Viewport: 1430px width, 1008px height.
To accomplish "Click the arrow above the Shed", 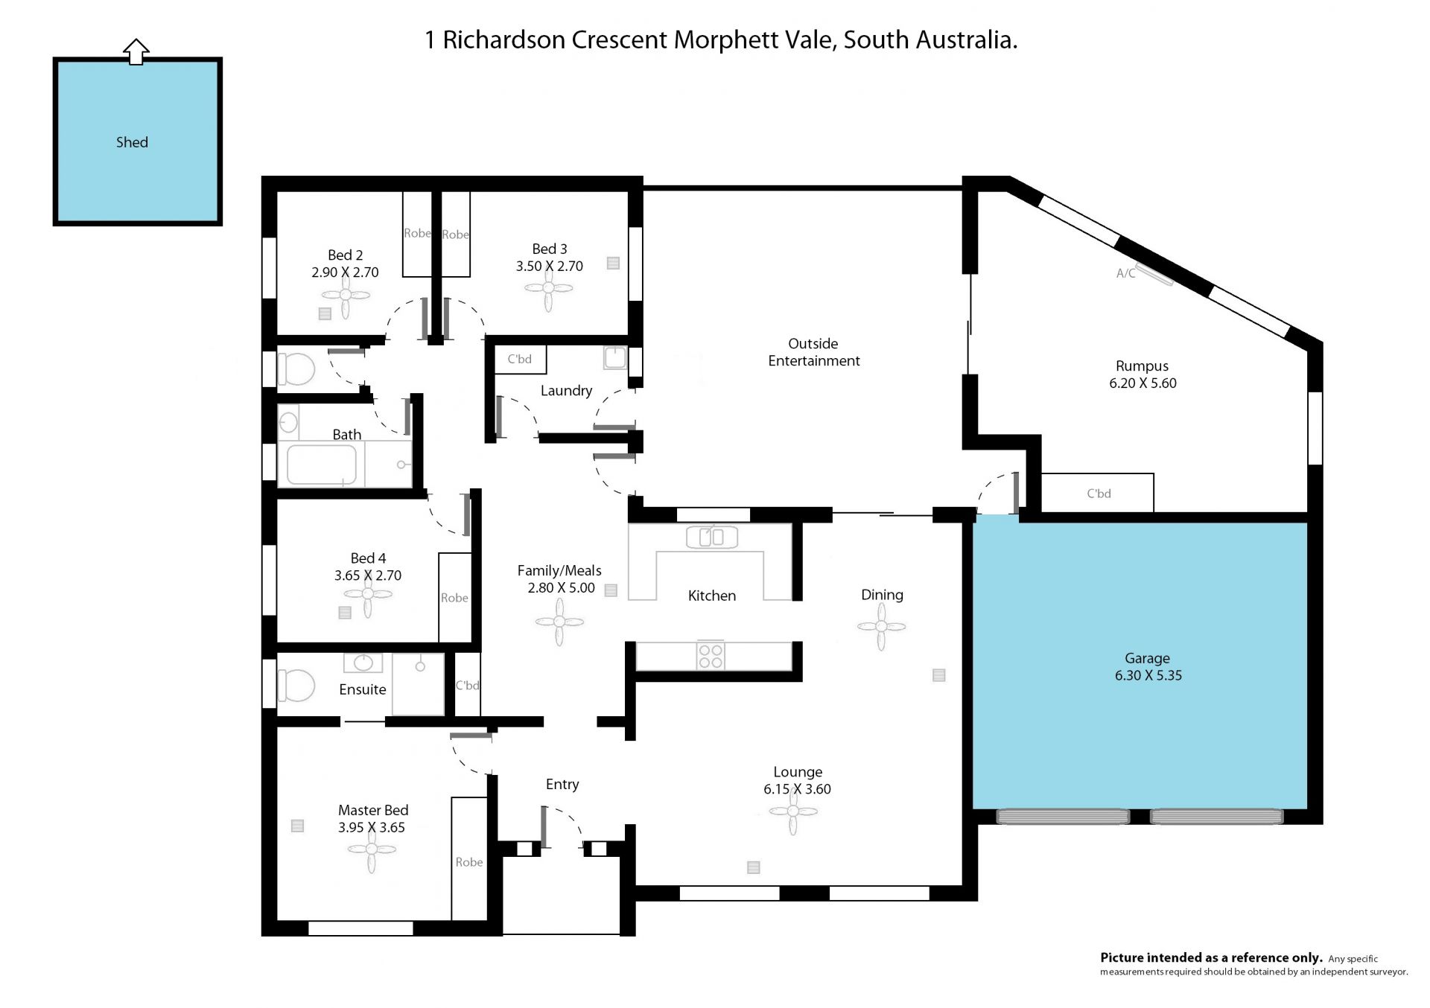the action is (x=136, y=51).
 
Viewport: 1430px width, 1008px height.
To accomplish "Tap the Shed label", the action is (x=132, y=142).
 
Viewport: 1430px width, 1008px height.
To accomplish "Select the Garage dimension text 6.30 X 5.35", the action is (x=1148, y=675).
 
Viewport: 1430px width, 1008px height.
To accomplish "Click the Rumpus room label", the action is (x=1142, y=366).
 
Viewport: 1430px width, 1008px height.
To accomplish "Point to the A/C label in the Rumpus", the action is (x=1125, y=273).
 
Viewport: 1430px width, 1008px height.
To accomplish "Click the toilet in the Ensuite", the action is (x=296, y=686).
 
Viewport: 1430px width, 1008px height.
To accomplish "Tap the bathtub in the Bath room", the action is (x=321, y=465).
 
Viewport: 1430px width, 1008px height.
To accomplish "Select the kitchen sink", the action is (x=712, y=536).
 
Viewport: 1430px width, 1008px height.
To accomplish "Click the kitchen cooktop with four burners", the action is (x=711, y=656).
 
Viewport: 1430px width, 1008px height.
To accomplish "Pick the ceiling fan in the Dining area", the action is (x=881, y=626).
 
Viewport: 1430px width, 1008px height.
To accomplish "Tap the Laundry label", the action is (x=566, y=391).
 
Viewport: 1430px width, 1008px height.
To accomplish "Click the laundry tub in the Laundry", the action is (x=615, y=358).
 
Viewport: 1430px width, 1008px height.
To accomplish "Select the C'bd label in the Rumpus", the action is (x=1099, y=494).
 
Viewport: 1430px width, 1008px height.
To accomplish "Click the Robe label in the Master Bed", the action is (x=469, y=862).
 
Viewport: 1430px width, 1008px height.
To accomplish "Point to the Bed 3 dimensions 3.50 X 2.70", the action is (x=550, y=266).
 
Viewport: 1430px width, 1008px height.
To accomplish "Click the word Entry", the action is (x=562, y=785).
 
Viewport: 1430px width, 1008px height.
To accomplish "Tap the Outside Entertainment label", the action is (x=813, y=352).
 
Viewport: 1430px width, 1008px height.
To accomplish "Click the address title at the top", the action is (x=721, y=39).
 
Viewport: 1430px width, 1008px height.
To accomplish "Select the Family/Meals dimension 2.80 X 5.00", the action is (x=562, y=587).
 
